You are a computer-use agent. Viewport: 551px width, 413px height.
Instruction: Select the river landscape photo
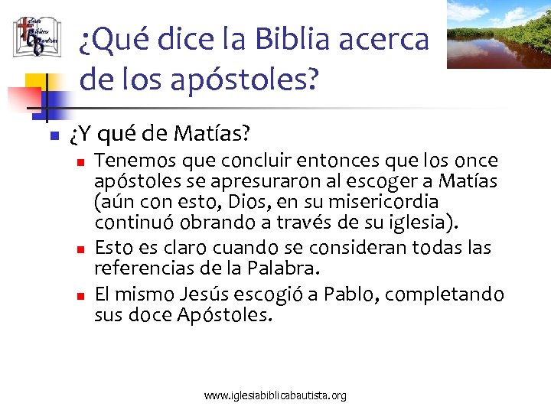[498, 34]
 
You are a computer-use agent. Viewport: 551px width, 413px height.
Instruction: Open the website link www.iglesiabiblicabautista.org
[275, 395]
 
